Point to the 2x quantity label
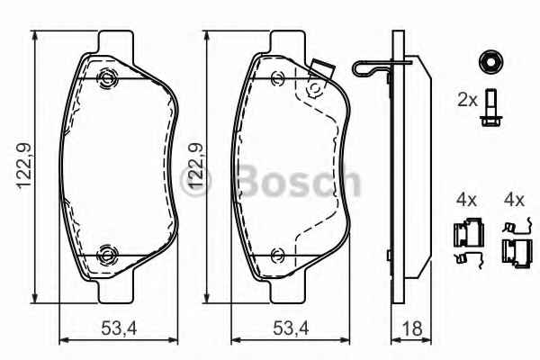click(467, 101)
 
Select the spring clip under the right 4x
click(514, 238)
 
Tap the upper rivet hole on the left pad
click(108, 79)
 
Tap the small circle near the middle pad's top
click(315, 90)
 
